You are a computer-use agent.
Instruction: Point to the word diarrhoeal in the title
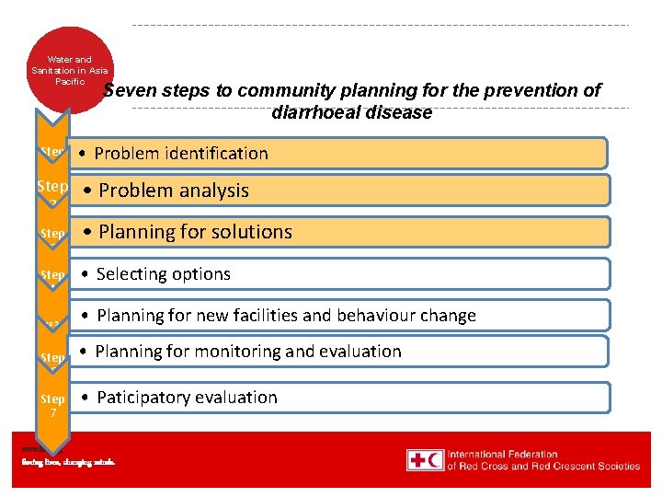pyautogui.click(x=312, y=113)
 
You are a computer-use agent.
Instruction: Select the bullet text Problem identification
pyautogui.click(x=181, y=154)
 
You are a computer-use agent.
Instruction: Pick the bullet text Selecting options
pyautogui.click(x=164, y=274)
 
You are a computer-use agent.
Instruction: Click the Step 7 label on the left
pyautogui.click(x=52, y=406)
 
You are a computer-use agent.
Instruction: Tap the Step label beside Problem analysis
pyautogui.click(x=52, y=187)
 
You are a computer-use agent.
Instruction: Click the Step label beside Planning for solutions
pyautogui.click(x=52, y=234)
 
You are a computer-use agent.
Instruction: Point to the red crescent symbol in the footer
pyautogui.click(x=435, y=460)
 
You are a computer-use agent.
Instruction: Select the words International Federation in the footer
pyautogui.click(x=502, y=455)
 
